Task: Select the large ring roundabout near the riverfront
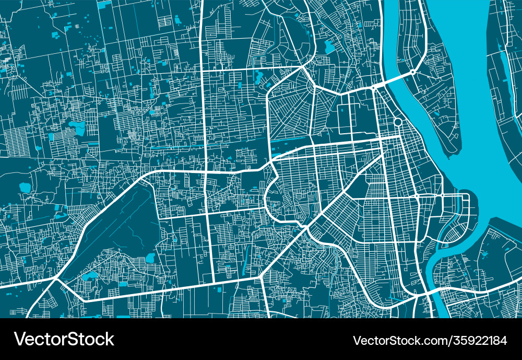tap(397, 122)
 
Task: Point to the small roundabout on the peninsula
tap(412, 72)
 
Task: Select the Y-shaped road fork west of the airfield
tap(55, 280)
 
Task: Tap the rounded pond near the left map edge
tap(25, 187)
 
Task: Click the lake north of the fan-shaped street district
tap(329, 47)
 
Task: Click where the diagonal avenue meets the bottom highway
tap(260, 278)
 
